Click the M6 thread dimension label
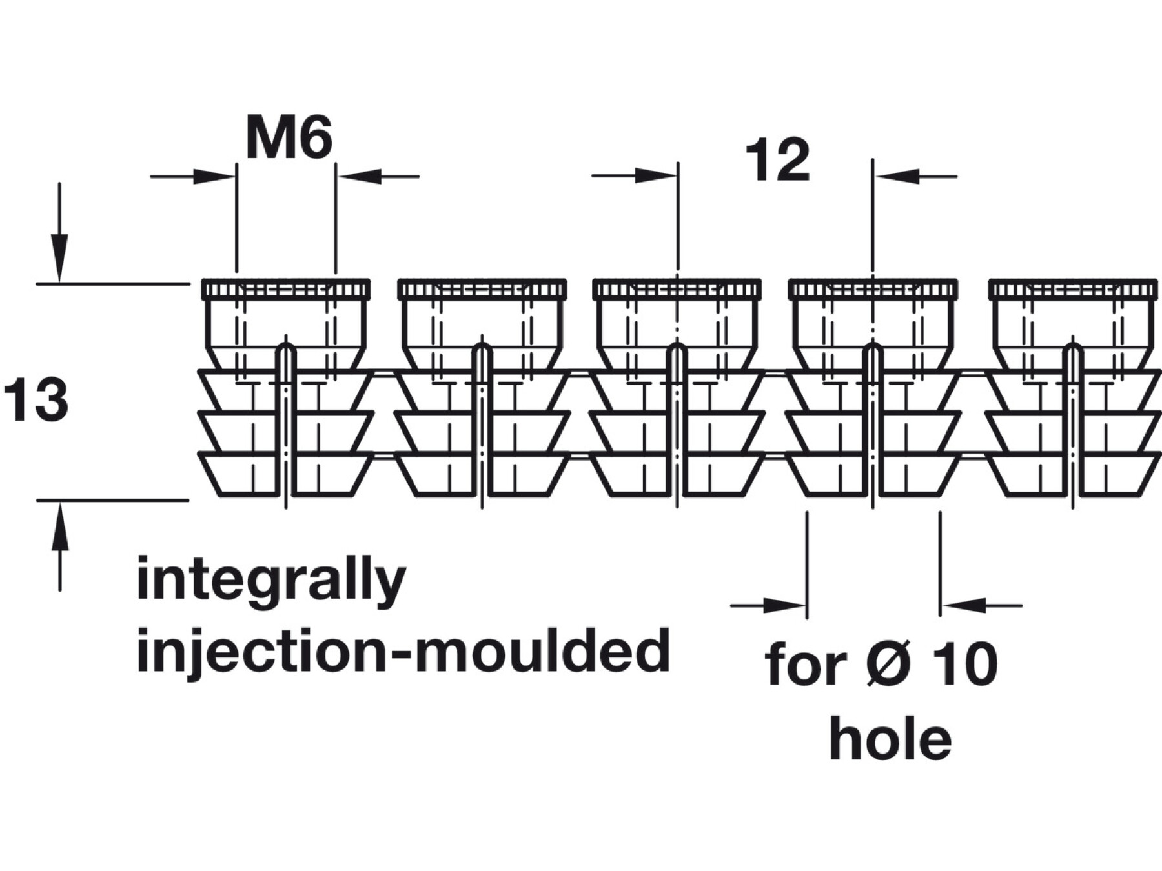289,140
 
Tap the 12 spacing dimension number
777,161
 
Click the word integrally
271,581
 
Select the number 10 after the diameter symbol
964,665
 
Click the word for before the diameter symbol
808,665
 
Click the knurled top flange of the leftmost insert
286,289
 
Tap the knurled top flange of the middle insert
677,289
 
